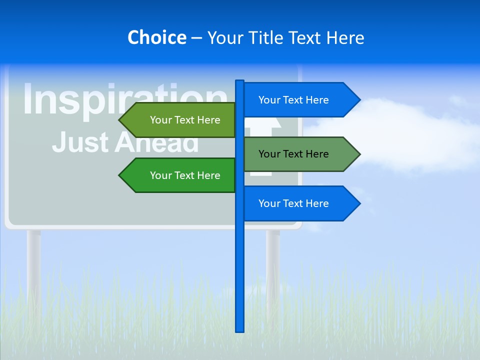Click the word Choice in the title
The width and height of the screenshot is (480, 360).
click(x=156, y=37)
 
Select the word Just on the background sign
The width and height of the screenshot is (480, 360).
click(x=80, y=142)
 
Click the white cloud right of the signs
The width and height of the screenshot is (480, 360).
click(x=400, y=135)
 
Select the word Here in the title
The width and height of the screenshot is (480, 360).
click(x=345, y=37)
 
